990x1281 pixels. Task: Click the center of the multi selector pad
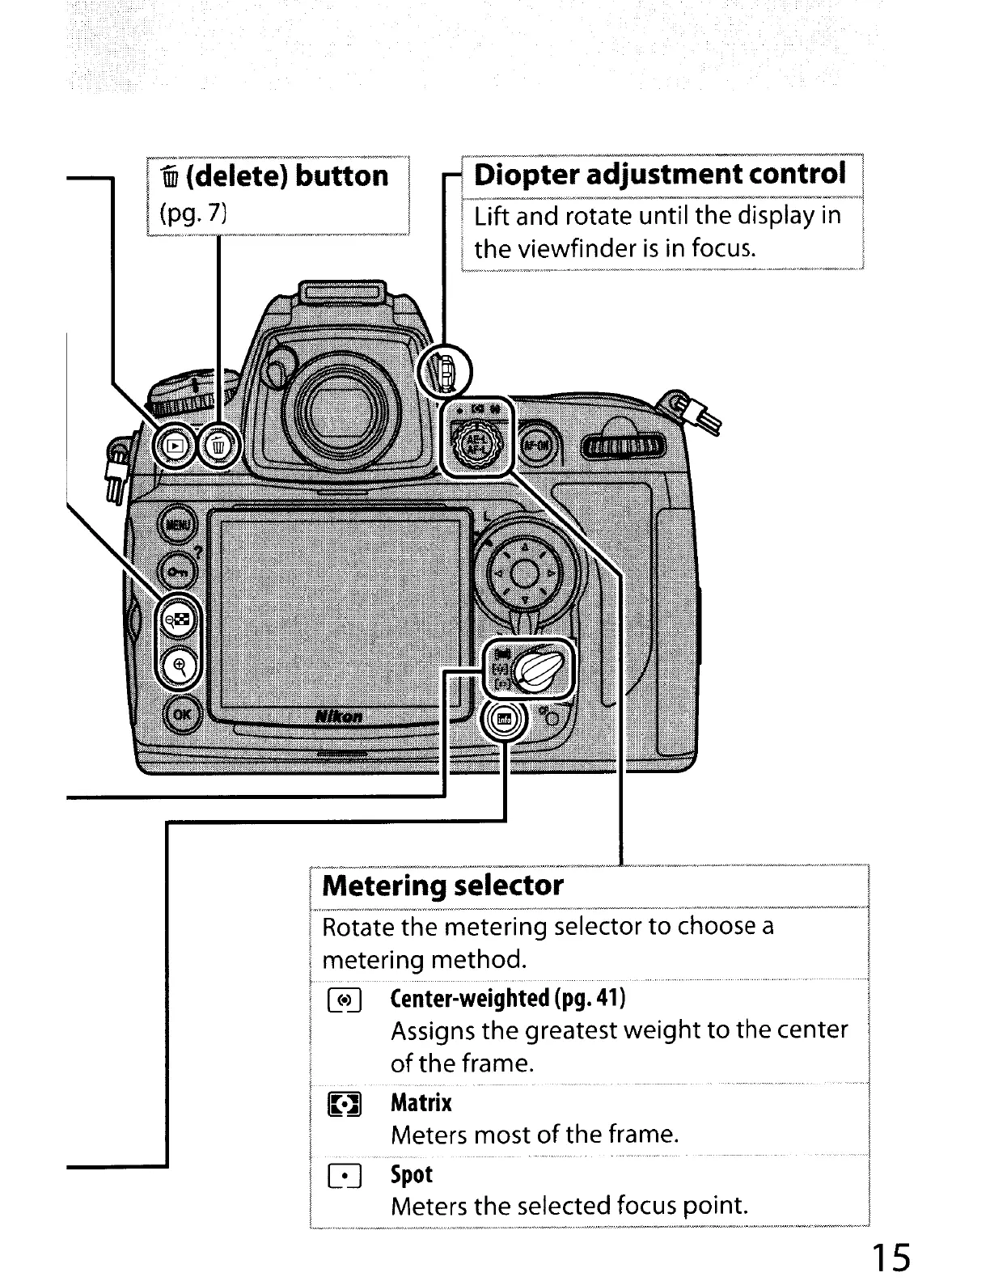point(524,577)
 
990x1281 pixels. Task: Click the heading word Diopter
point(529,174)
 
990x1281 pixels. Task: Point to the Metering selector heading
point(442,885)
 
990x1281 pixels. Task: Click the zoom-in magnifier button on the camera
point(180,666)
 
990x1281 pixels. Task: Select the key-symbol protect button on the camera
point(177,572)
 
